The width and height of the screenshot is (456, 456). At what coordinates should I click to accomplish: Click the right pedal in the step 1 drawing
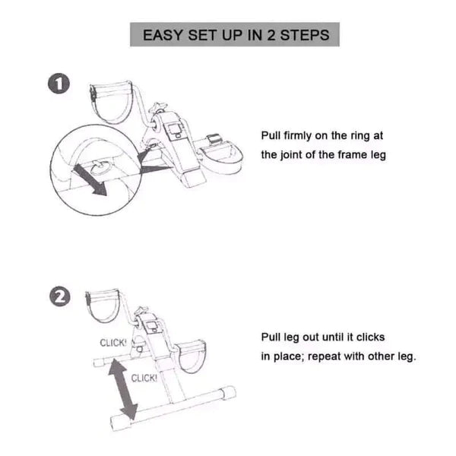tap(224, 155)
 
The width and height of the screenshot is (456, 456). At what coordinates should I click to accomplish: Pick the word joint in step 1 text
tap(296, 154)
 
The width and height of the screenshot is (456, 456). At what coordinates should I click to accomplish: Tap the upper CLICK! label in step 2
tap(113, 343)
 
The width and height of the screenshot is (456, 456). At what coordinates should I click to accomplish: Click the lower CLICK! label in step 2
tap(144, 378)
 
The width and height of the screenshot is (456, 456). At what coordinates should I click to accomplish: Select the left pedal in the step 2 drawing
tap(103, 307)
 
